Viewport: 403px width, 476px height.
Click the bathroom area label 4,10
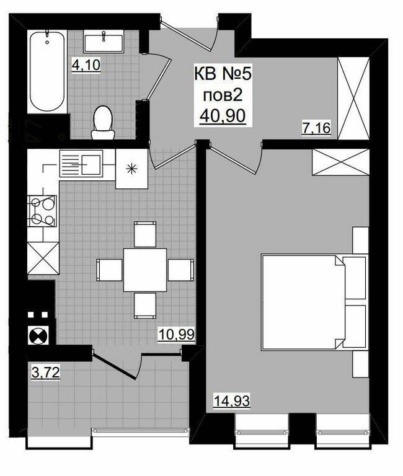coord(86,65)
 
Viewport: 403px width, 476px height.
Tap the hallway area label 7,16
coord(316,128)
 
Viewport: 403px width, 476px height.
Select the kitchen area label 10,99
coord(176,335)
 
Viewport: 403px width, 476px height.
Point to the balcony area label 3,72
coord(45,372)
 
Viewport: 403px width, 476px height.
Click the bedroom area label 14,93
coord(232,401)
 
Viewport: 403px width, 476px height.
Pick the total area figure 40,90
coord(223,116)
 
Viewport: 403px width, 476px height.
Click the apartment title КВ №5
coord(223,74)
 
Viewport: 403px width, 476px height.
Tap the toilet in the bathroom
coord(103,122)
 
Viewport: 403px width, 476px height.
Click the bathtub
coord(47,71)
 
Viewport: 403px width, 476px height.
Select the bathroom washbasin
coord(104,42)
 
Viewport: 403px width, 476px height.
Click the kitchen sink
coord(81,164)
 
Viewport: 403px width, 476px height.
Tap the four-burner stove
coord(42,211)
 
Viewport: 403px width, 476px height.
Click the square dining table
coord(145,270)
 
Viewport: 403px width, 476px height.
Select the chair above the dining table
coord(145,234)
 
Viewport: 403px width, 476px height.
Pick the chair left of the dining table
coord(109,270)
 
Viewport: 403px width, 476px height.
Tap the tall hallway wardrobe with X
coord(354,99)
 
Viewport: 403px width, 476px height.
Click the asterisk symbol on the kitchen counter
coord(132,169)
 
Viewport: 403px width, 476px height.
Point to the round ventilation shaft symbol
coord(38,335)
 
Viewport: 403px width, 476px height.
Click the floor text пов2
coord(223,95)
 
